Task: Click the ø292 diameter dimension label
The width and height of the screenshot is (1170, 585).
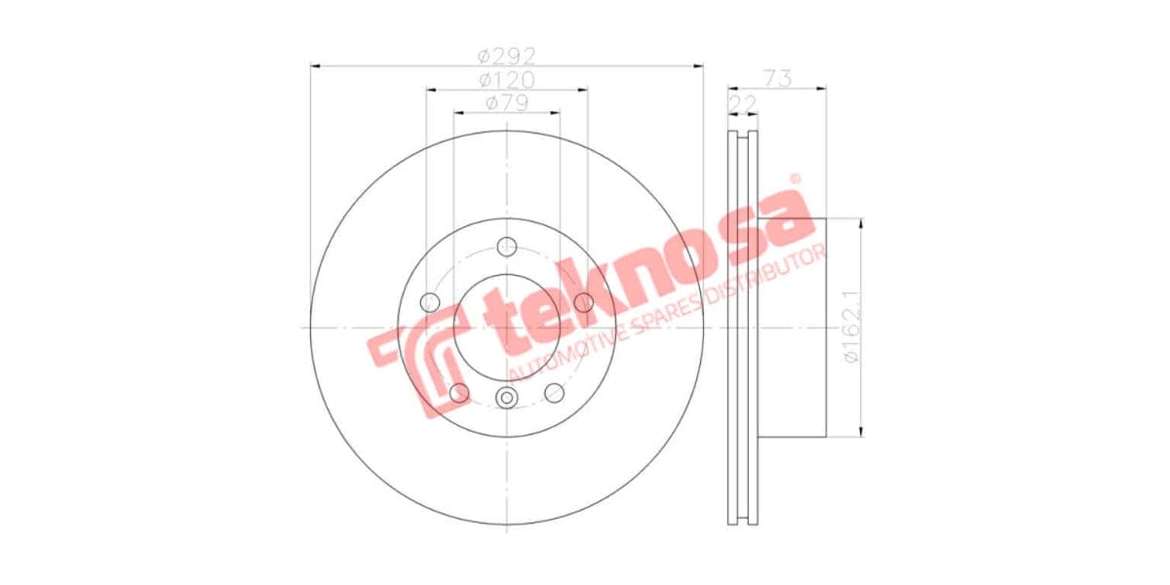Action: tap(506, 55)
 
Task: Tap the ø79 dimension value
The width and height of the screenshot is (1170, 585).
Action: tap(506, 101)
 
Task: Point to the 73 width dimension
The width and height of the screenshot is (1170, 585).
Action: tap(777, 78)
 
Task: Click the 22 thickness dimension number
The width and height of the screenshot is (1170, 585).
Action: tap(743, 101)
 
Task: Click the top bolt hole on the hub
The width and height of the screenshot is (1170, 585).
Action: tap(506, 246)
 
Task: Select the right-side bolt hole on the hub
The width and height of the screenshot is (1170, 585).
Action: tap(584, 302)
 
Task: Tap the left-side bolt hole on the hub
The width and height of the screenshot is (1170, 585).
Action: tap(429, 302)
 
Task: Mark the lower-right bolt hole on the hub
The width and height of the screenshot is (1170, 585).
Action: tap(555, 392)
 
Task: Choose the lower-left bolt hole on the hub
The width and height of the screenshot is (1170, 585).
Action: tap(458, 392)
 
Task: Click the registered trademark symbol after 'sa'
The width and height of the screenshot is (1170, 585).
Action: tap(795, 179)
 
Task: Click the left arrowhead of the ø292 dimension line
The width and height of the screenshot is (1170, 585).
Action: tap(315, 66)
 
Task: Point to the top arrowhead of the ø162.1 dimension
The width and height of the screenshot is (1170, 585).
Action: tap(862, 224)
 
